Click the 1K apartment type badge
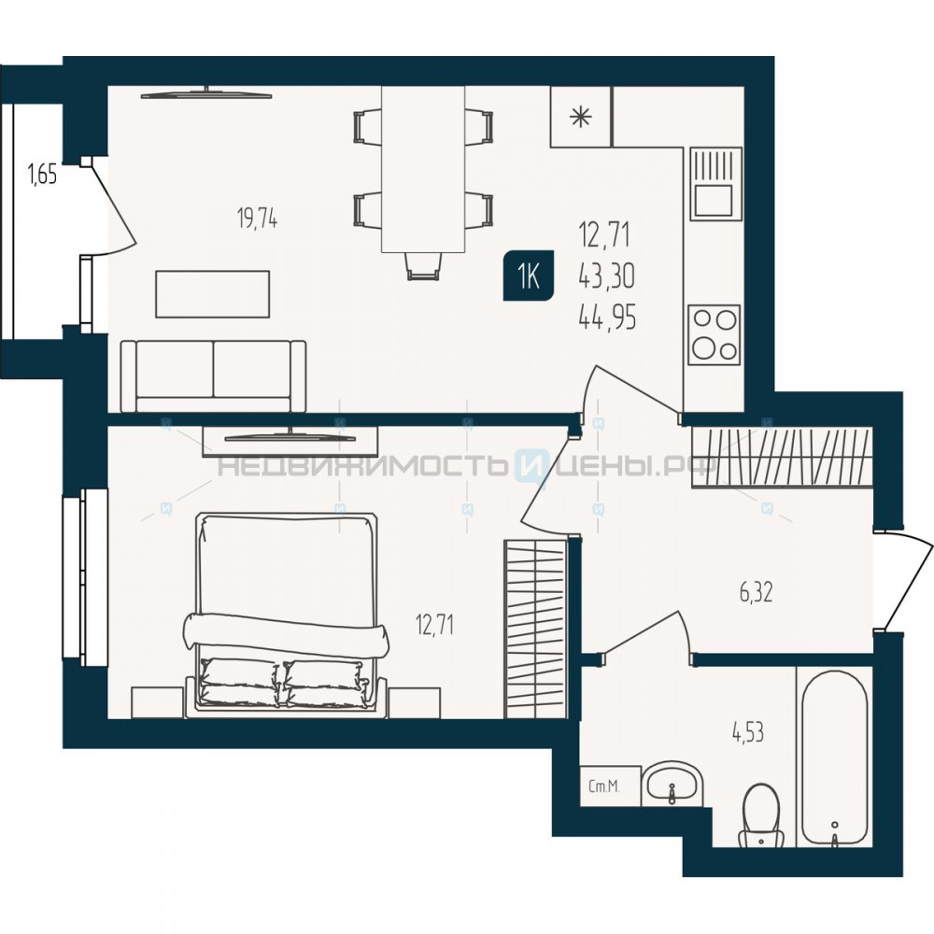[529, 276]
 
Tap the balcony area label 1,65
[42, 176]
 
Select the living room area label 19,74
[258, 219]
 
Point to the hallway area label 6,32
[757, 593]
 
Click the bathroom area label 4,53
[748, 733]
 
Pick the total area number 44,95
[608, 318]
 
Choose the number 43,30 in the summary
[607, 276]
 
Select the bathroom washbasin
[672, 784]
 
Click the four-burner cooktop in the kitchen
[715, 334]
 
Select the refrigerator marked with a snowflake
[581, 117]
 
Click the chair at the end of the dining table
[423, 265]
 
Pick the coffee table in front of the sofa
[213, 293]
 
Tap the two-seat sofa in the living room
[213, 375]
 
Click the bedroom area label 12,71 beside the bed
[435, 626]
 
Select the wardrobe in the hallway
[782, 458]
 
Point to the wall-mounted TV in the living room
[206, 92]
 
